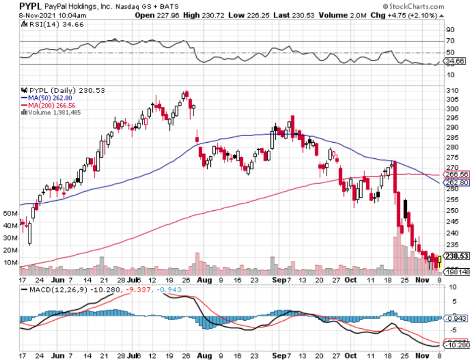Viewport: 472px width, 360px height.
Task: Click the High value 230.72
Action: [208, 15]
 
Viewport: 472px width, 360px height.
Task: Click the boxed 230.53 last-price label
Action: [456, 256]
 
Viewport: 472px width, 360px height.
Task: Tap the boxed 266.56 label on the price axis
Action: [456, 174]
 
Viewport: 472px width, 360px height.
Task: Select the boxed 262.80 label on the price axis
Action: [456, 183]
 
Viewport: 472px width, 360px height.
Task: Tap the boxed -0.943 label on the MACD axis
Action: [456, 318]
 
